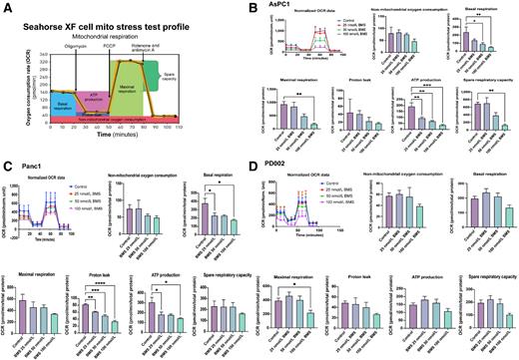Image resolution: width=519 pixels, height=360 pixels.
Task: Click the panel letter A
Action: (x=8, y=6)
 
